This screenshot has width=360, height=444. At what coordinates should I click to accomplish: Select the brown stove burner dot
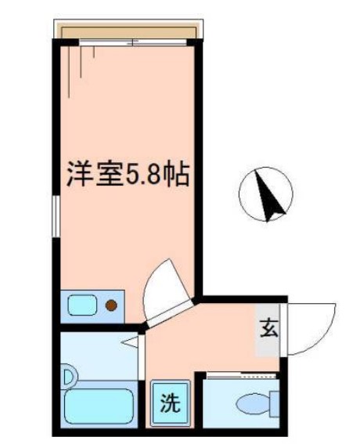pyautogui.click(x=112, y=305)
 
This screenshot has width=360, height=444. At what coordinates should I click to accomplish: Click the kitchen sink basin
pyautogui.click(x=81, y=305)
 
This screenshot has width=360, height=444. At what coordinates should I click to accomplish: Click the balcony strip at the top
pyautogui.click(x=129, y=31)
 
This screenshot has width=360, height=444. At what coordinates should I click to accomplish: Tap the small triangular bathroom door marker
pyautogui.click(x=129, y=342)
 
